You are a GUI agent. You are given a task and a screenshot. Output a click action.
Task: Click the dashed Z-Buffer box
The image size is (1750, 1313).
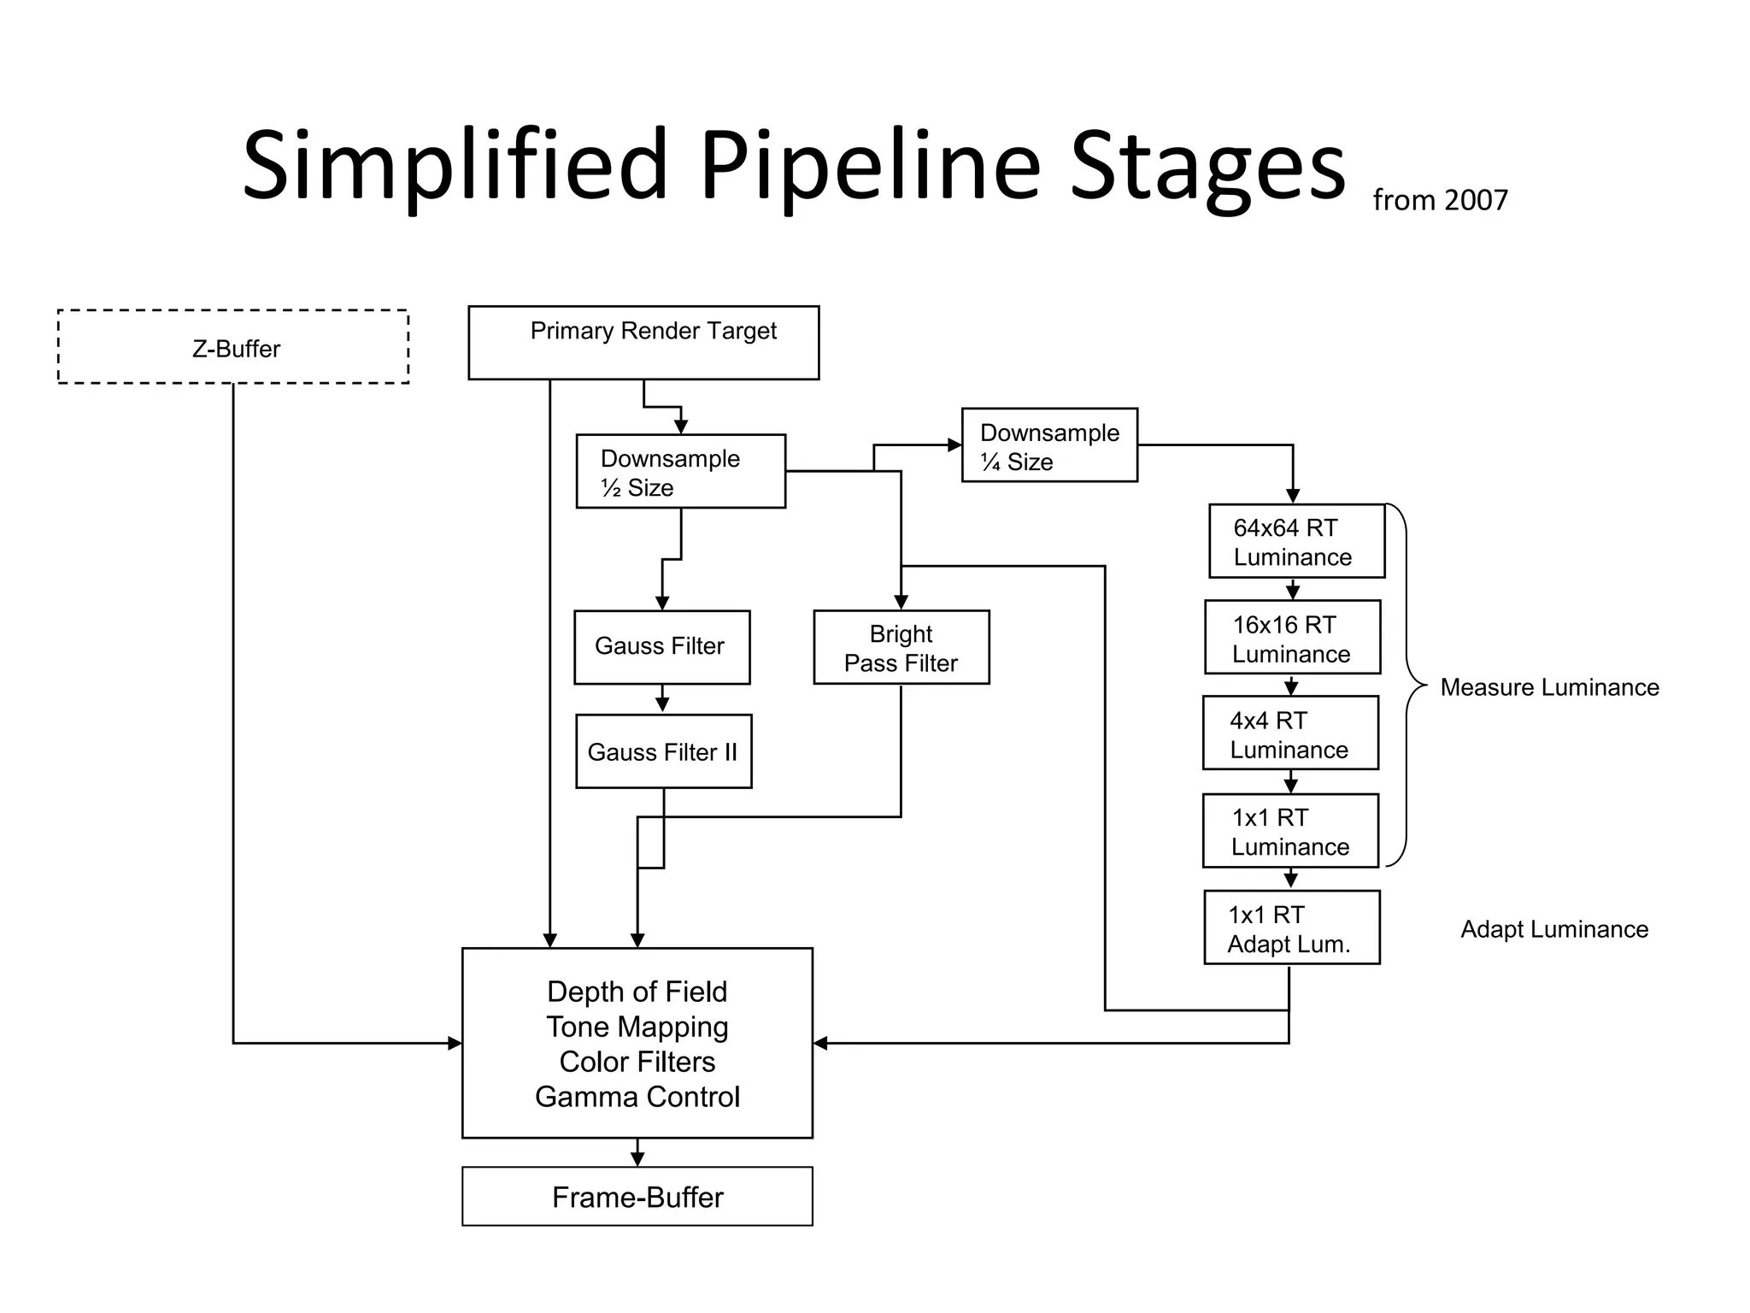(232, 347)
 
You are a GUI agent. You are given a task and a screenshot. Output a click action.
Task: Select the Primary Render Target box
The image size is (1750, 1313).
(643, 342)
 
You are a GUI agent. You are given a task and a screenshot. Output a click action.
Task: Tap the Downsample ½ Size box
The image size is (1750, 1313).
(680, 472)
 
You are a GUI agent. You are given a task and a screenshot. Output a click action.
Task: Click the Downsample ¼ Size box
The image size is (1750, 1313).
(1049, 445)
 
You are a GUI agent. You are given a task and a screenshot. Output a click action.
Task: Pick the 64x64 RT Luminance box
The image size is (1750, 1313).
(1296, 541)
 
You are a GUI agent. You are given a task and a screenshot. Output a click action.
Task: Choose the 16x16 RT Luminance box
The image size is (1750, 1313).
(1292, 638)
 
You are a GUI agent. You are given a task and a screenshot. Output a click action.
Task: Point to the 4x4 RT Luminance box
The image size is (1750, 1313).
(1290, 733)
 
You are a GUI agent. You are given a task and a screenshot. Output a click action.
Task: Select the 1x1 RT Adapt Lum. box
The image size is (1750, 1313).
(1291, 928)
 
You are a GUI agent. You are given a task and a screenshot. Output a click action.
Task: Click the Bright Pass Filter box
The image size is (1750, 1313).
(901, 648)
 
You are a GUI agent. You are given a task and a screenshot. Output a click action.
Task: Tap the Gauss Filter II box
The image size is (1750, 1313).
(663, 751)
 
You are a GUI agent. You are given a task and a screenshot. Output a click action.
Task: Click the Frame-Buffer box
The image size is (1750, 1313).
(637, 1197)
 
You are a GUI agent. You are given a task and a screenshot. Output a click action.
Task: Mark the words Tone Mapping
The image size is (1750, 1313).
(637, 1027)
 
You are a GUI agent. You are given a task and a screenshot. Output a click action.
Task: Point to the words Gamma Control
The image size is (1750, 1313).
(637, 1097)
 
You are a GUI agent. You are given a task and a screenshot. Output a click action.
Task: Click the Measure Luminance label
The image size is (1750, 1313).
(1549, 687)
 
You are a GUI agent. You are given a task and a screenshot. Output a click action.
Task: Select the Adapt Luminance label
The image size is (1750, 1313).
(1554, 929)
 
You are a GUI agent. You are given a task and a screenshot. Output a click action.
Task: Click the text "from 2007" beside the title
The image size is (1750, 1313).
(1440, 200)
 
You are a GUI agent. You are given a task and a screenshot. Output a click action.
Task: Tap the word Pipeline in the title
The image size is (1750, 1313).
(871, 166)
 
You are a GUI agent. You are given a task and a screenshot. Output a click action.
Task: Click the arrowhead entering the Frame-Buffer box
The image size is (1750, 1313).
(637, 1159)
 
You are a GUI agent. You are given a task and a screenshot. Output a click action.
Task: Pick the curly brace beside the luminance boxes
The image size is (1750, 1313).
(1408, 685)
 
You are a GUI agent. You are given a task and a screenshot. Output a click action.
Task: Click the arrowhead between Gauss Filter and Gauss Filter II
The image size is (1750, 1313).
(662, 705)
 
